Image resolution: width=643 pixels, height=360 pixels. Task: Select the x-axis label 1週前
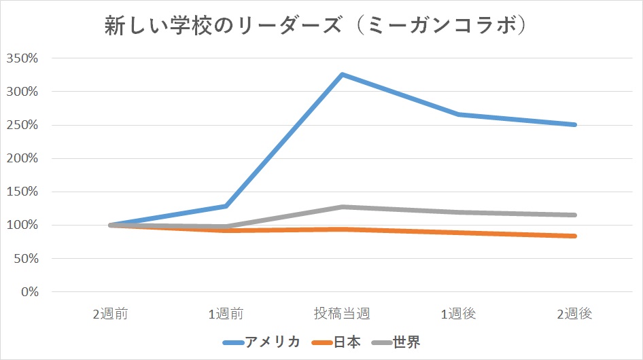tap(226, 314)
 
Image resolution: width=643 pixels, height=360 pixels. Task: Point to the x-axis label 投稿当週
tap(342, 314)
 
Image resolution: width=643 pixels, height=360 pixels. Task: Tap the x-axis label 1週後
tap(459, 314)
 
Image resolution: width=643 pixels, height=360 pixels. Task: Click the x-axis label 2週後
tap(575, 314)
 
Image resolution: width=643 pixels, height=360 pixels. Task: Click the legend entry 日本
tap(347, 342)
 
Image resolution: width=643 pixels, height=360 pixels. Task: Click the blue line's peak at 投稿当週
tap(342, 75)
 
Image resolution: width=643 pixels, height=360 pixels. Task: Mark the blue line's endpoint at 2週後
tap(575, 125)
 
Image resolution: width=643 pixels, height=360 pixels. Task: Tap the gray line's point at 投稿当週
tap(342, 207)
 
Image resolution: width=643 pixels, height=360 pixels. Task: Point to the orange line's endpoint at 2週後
tap(575, 236)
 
